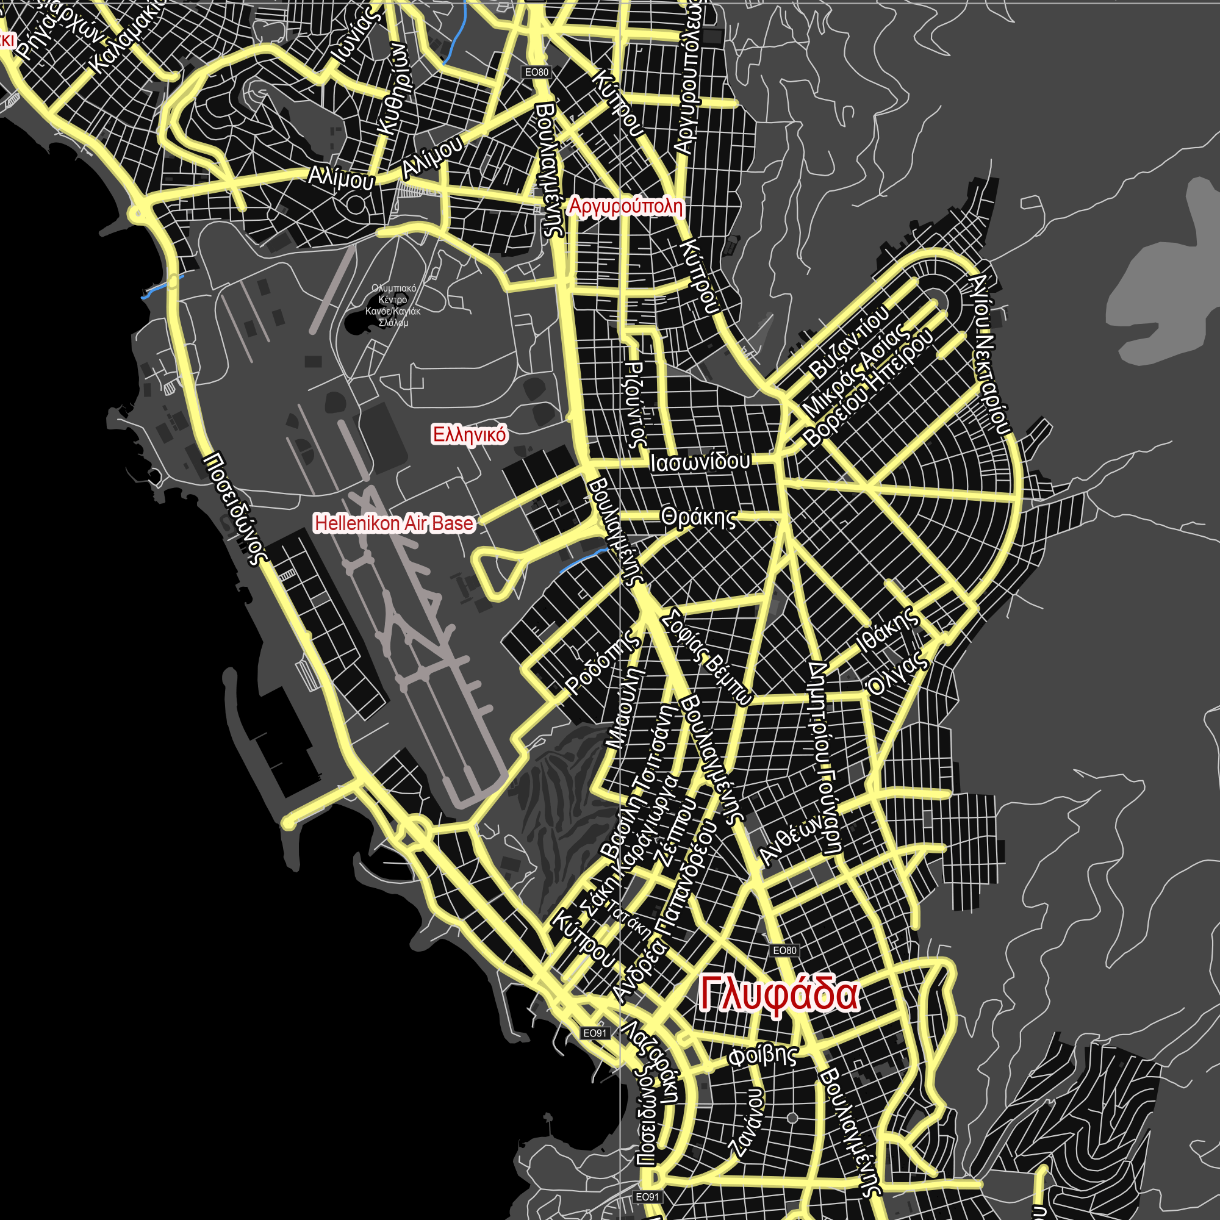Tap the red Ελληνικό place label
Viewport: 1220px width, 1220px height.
469,434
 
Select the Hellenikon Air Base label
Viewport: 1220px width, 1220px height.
394,523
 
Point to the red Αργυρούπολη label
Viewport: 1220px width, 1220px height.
625,207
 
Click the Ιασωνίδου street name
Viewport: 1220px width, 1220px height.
700,462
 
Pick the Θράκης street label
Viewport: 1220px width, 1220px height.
698,517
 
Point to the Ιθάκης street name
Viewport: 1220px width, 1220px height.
888,630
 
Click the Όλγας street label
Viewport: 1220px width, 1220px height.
898,673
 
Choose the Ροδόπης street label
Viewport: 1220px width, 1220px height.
602,664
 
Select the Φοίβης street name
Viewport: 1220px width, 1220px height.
762,1057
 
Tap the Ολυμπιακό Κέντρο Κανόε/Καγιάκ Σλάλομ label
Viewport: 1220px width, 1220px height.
393,306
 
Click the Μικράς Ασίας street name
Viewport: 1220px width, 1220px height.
856,373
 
